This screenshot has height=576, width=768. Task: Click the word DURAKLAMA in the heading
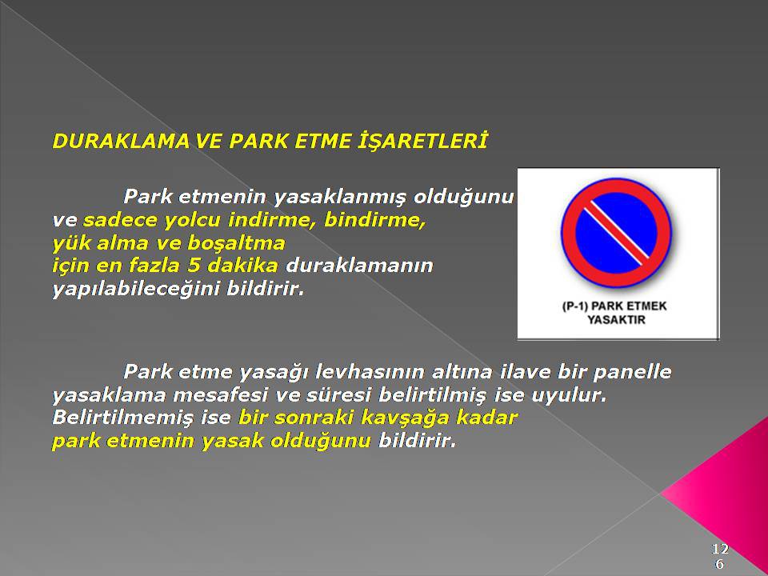(x=121, y=141)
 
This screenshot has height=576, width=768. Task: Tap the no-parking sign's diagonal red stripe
(x=616, y=232)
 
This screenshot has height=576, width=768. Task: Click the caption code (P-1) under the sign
(x=574, y=306)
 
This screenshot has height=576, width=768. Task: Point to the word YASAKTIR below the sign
(x=616, y=320)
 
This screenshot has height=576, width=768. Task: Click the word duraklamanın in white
(x=359, y=266)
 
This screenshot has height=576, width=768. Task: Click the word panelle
(x=632, y=372)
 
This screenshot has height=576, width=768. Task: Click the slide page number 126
(x=719, y=556)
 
